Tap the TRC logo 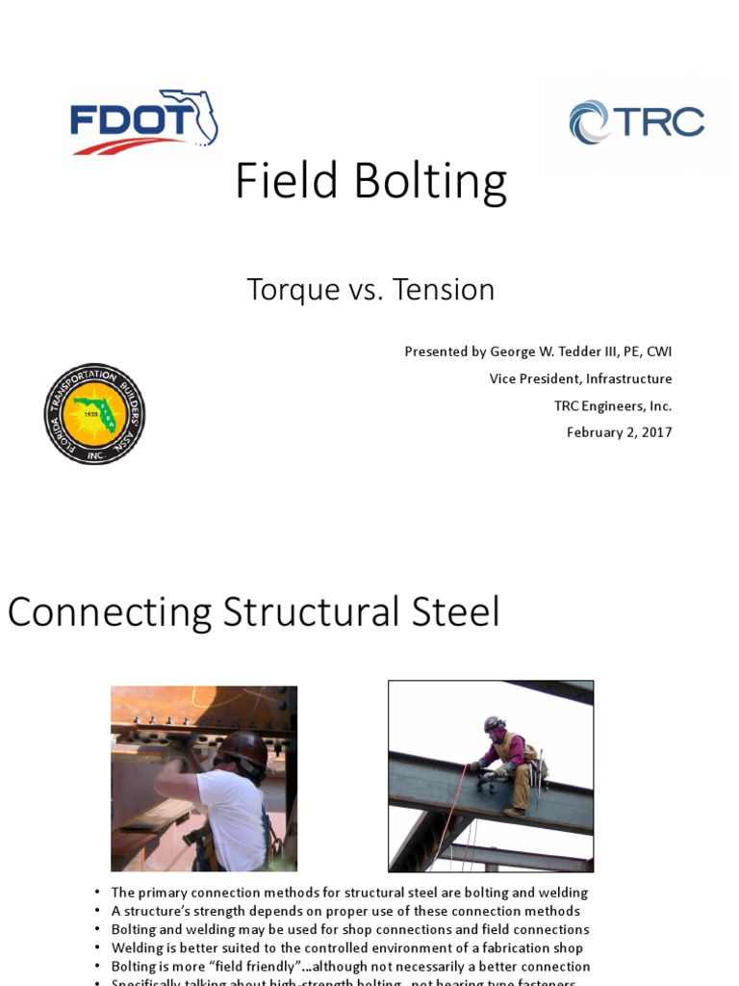point(637,122)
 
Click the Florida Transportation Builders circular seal point(94,414)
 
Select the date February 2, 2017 point(619,432)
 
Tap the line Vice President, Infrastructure point(580,378)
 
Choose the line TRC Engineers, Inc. point(612,405)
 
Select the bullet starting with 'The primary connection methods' point(349,893)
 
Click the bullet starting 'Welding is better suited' point(347,947)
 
